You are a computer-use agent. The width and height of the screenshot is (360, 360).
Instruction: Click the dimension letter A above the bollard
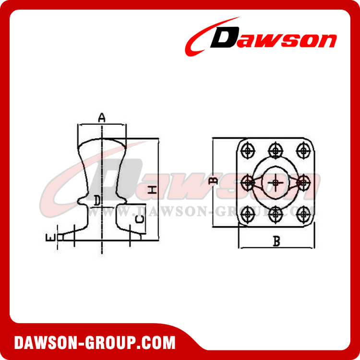point(101,117)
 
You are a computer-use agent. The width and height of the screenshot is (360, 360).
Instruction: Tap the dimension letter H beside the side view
point(152,190)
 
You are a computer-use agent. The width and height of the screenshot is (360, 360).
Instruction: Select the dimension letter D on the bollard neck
point(97,200)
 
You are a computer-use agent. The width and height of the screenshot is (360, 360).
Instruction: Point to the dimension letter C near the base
point(138,220)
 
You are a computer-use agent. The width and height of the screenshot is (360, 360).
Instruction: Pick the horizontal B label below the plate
point(276,241)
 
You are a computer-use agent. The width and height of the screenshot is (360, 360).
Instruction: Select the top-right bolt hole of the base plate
point(303,150)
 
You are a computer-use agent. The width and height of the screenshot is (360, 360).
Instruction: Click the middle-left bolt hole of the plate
point(248,182)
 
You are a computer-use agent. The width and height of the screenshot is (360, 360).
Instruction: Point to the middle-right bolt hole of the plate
point(303,182)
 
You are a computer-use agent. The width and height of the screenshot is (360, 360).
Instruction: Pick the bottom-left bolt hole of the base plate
point(248,213)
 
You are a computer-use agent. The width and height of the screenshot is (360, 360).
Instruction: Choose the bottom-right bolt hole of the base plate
point(303,213)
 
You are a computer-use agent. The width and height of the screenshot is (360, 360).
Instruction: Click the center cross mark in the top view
point(276,182)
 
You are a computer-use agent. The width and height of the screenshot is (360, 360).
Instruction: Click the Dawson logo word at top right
point(274,39)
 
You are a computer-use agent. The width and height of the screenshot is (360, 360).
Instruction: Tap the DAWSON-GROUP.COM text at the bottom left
point(95,343)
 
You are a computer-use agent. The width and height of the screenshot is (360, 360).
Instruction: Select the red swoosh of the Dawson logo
point(199,38)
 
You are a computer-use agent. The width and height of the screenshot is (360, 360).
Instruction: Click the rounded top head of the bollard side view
point(102,144)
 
